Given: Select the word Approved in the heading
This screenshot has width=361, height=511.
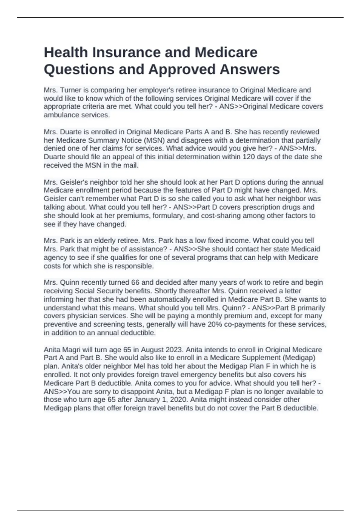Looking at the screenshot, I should click(x=183, y=69).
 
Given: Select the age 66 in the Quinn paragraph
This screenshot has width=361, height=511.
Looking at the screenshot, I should click(x=135, y=282).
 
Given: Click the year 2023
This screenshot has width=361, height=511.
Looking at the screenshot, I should click(x=174, y=350).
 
